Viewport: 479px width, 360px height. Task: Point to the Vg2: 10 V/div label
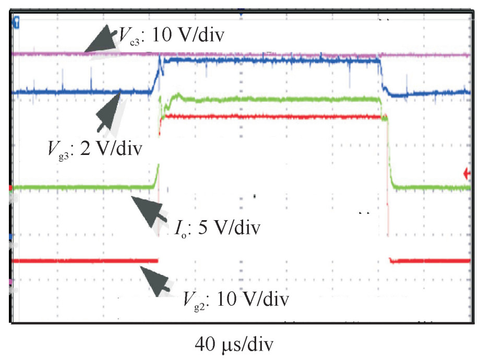[235, 300]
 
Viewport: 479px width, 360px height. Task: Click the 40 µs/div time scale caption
[234, 344]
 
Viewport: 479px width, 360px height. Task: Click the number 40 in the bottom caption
[206, 344]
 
